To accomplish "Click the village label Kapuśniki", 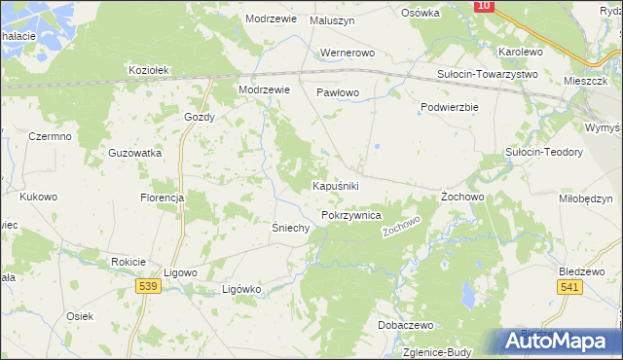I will (x=336, y=185).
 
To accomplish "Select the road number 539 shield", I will (x=148, y=286).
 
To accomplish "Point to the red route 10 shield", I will (x=485, y=6).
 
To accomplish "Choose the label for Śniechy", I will (x=290, y=228).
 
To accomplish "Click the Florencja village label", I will (x=162, y=198).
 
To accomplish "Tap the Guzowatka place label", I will (x=135, y=154).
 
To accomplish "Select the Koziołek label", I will (x=150, y=70).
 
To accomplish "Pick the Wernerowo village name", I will (x=347, y=53).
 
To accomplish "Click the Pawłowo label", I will (x=338, y=92).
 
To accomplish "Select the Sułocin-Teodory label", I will (x=543, y=153).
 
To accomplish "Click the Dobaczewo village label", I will (x=406, y=325).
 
